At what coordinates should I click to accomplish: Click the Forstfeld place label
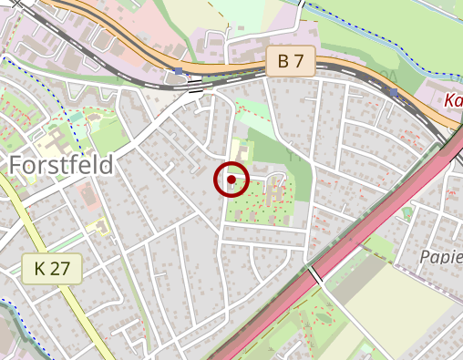click(62, 165)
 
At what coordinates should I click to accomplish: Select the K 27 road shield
click(52, 268)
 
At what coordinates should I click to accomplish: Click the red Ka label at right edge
click(453, 100)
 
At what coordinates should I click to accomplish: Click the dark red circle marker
click(232, 180)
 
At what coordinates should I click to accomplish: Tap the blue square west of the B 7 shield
click(180, 70)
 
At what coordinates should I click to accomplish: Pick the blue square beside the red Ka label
click(394, 92)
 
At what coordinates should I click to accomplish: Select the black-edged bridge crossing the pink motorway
click(315, 272)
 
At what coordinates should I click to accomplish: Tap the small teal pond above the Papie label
click(406, 212)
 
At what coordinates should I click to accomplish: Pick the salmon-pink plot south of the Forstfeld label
click(88, 195)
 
